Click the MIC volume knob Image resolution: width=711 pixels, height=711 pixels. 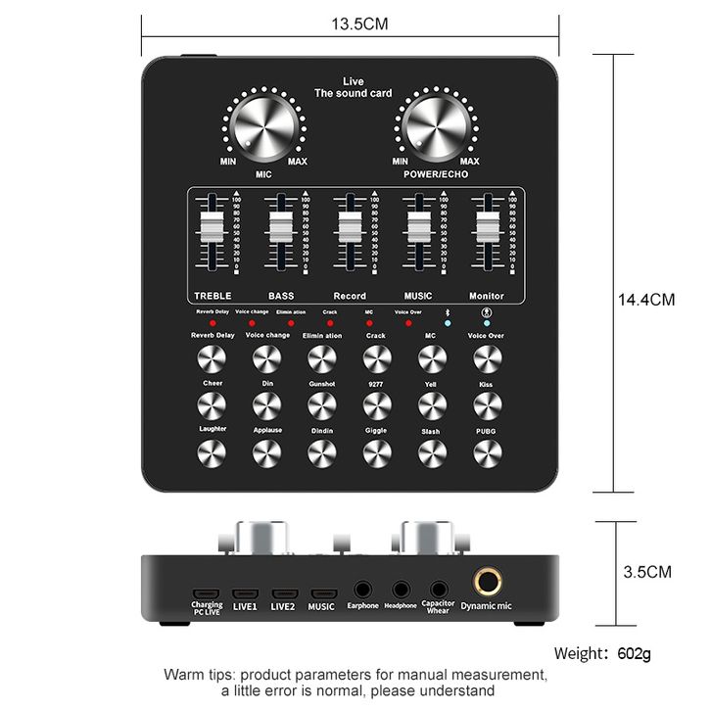pos(263,129)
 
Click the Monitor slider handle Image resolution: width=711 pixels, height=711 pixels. pos(487,228)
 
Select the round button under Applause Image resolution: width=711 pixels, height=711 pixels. pos(266,451)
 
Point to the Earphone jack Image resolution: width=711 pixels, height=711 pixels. pos(362,590)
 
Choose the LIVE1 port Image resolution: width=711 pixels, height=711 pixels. pos(244,593)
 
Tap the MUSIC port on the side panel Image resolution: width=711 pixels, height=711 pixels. pos(322,593)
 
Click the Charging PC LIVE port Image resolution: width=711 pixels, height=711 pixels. pos(206,593)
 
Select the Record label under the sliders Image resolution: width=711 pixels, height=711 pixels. pos(350,296)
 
